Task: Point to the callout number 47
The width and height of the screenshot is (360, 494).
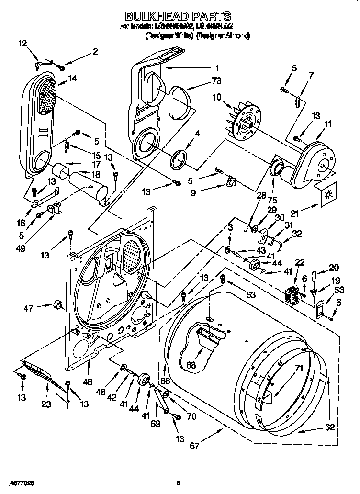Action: tap(29, 308)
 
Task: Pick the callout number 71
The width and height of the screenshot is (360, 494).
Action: tap(299, 369)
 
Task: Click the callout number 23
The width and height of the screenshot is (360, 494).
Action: tap(45, 404)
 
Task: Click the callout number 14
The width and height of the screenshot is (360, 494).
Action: tap(72, 79)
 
